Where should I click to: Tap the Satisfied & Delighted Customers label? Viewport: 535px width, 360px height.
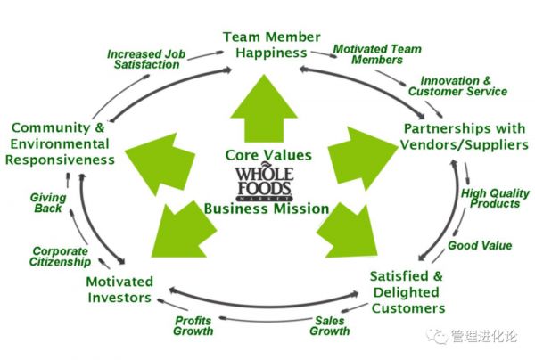(407, 291)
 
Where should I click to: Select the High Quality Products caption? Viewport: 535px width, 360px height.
(490, 198)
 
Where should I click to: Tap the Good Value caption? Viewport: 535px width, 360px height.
(480, 245)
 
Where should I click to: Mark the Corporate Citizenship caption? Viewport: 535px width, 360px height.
(61, 257)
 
